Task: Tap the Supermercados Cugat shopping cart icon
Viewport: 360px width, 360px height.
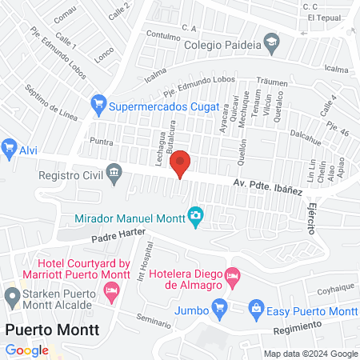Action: pyautogui.click(x=99, y=103)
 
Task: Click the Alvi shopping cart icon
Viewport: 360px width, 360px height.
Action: pyautogui.click(x=10, y=147)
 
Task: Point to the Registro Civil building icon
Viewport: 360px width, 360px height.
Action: pyautogui.click(x=115, y=175)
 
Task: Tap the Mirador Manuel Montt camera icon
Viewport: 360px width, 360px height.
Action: pyautogui.click(x=194, y=215)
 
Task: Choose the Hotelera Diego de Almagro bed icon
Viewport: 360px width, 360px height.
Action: pyautogui.click(x=232, y=276)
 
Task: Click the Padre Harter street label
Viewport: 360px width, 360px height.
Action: pyautogui.click(x=117, y=237)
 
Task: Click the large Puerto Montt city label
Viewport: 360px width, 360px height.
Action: pyautogui.click(x=52, y=330)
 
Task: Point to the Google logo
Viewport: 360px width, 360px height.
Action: pyautogui.click(x=26, y=350)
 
